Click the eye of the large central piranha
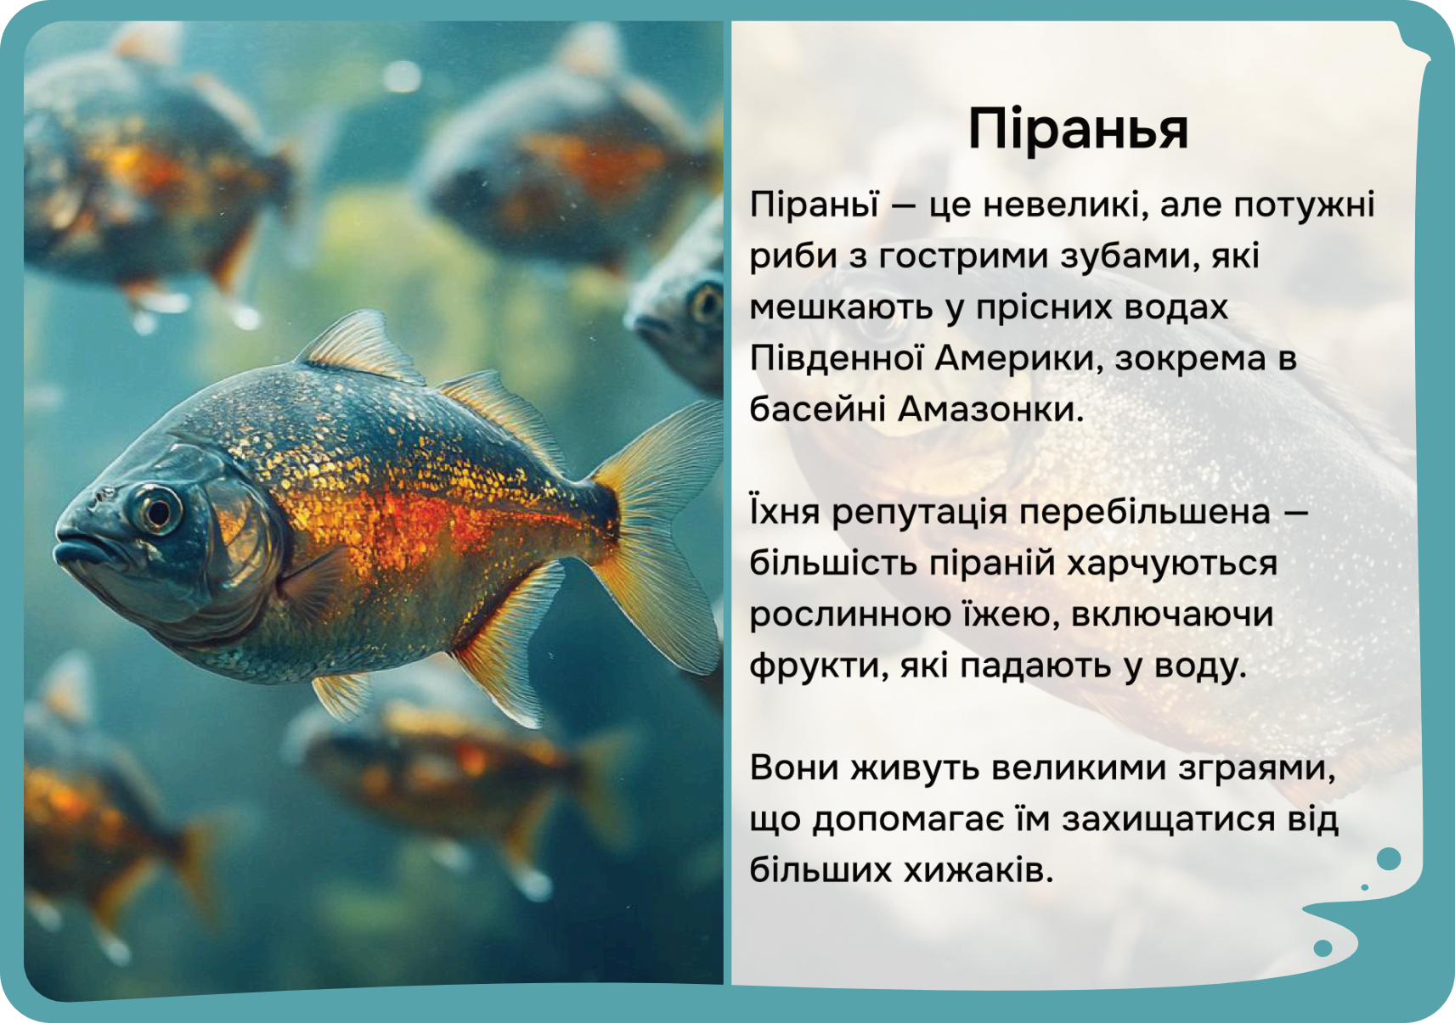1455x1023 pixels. click(x=156, y=512)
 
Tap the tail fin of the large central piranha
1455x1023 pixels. click(x=656, y=539)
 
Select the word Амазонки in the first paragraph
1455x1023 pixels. click(x=990, y=410)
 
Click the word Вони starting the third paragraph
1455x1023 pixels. click(x=793, y=769)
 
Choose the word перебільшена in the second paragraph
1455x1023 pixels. click(x=1144, y=514)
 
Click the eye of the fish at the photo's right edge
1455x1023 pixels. click(x=707, y=304)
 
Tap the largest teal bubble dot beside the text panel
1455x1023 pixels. click(x=1389, y=859)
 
